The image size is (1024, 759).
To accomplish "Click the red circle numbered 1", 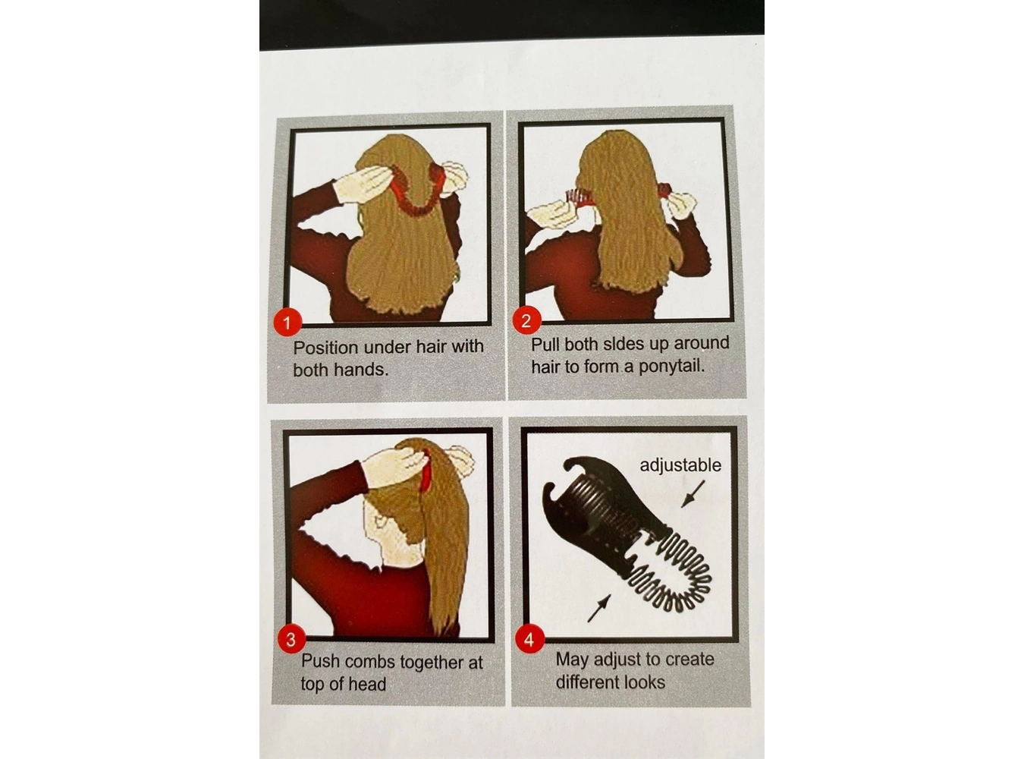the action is [287, 323].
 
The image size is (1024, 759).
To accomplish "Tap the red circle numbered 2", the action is [526, 320].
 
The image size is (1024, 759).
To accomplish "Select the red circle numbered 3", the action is [291, 639].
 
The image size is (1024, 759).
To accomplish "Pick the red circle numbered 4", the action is [529, 639].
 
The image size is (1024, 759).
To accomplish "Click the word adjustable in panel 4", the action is [680, 465].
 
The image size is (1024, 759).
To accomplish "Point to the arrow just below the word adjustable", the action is [693, 493].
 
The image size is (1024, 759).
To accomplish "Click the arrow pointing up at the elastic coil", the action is [598, 609].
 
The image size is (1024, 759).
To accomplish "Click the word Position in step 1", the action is [325, 348].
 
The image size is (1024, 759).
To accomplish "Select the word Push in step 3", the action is [321, 661].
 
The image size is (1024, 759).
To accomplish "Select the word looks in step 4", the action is [649, 682].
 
